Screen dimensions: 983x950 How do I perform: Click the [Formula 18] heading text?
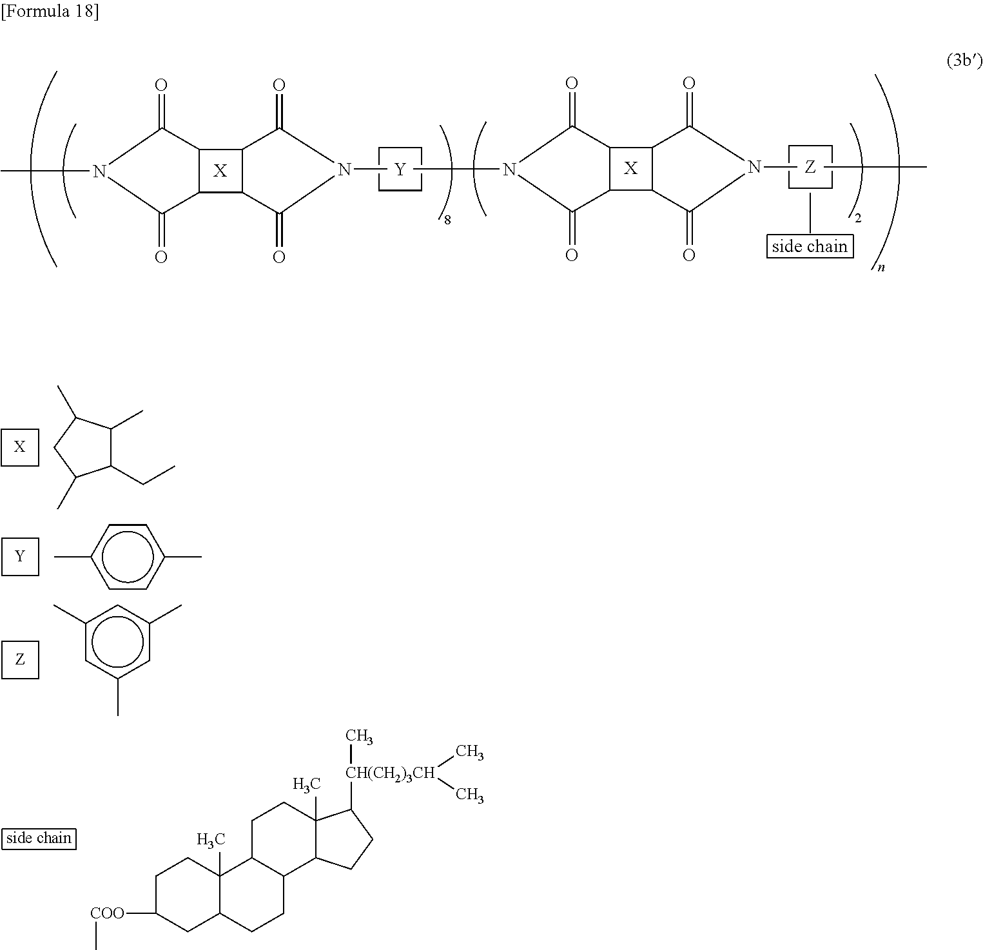(50, 12)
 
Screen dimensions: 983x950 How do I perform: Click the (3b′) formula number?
(964, 61)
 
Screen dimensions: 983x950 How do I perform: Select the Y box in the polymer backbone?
(400, 170)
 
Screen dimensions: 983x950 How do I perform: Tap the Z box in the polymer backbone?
(810, 168)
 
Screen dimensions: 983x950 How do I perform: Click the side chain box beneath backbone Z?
(810, 246)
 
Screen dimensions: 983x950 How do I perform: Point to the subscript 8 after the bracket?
(447, 220)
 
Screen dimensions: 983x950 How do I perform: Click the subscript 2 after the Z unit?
(857, 218)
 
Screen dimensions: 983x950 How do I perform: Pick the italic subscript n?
(881, 267)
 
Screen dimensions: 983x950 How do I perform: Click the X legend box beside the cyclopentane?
(20, 447)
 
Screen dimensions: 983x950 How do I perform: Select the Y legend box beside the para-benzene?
(20, 556)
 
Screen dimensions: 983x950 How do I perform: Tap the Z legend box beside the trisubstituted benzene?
(20, 659)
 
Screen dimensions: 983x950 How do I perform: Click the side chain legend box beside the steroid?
(39, 839)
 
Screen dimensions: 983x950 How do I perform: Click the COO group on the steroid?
(107, 913)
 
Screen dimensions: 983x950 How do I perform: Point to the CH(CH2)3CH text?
(391, 773)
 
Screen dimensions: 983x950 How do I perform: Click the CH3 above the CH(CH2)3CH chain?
(359, 737)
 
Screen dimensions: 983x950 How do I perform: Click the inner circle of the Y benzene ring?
(128, 557)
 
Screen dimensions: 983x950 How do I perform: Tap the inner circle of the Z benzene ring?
(117, 642)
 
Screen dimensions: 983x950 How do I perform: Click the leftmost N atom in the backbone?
(99, 171)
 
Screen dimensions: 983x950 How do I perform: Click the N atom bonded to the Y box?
(345, 170)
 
